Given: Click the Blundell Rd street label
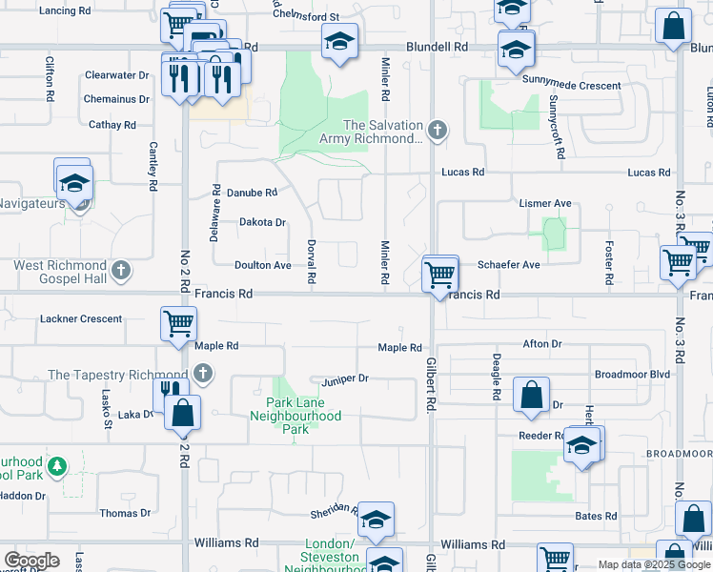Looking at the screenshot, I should point(437,46).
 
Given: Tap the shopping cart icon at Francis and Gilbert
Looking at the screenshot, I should point(440,274).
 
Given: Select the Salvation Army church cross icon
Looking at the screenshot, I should point(438,131).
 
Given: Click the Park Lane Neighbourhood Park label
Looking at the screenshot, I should point(303,417).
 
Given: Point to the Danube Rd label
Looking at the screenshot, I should point(252,192).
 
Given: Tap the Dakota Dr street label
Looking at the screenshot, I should point(262,222).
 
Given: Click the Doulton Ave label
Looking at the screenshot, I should point(263,265).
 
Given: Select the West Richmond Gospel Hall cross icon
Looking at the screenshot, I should point(121,271).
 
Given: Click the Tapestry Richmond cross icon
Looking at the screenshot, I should point(202,374).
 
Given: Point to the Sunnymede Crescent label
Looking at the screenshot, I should point(571,86).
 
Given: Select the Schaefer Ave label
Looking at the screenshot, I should point(509,265).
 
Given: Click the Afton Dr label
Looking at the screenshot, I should point(542,344).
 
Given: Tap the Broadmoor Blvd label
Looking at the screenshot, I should point(632,375).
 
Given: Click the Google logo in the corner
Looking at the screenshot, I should point(31,561).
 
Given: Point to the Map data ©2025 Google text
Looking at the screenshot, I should point(654,564).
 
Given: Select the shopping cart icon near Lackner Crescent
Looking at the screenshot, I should point(178,324).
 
